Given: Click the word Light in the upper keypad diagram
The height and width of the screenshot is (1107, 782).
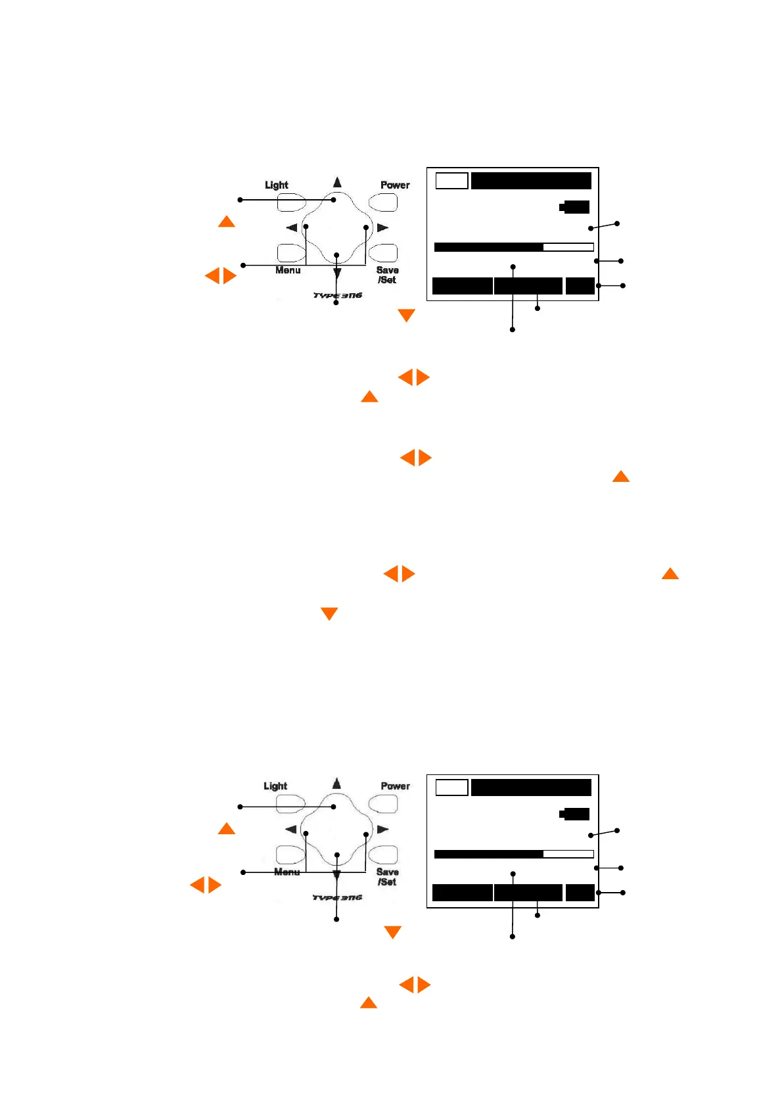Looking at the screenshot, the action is pyautogui.click(x=276, y=185).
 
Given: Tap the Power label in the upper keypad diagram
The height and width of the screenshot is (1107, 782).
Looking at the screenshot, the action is pyautogui.click(x=395, y=185).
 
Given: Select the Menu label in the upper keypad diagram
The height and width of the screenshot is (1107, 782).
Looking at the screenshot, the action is pyautogui.click(x=288, y=270).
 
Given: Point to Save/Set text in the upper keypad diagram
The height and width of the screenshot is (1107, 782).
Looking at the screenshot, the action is pyautogui.click(x=387, y=275).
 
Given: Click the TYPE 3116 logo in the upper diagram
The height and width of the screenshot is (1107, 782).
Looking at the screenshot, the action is pyautogui.click(x=337, y=296).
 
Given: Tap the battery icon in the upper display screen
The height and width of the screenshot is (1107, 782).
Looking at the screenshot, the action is pyautogui.click(x=575, y=207).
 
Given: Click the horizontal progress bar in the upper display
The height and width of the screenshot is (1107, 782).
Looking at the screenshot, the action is pyautogui.click(x=514, y=247).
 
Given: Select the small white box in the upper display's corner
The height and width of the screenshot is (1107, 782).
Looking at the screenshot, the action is pyautogui.click(x=452, y=181).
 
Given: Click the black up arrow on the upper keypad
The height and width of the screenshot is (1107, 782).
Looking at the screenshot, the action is pyautogui.click(x=337, y=182).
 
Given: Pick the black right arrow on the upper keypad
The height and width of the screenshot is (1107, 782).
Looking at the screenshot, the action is pyautogui.click(x=383, y=227).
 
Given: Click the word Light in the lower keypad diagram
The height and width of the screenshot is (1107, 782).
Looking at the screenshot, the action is pyautogui.click(x=275, y=786).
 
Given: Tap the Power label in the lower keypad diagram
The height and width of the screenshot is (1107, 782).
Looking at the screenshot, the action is pyautogui.click(x=395, y=786).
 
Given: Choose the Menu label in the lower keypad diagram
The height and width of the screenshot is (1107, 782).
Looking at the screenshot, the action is pyautogui.click(x=287, y=872).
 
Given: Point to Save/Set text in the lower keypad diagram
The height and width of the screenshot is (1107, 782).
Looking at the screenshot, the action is pyautogui.click(x=387, y=877).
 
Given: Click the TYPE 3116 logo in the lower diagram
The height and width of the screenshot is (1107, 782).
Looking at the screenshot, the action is pyautogui.click(x=337, y=897).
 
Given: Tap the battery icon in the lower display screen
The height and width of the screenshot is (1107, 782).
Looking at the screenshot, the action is pyautogui.click(x=575, y=814).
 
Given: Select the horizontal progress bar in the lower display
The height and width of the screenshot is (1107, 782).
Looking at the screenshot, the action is pyautogui.click(x=514, y=854).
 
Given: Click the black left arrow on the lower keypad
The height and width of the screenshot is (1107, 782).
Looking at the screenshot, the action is pyautogui.click(x=290, y=830).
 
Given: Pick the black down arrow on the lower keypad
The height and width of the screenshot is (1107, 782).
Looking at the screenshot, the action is pyautogui.click(x=336, y=875).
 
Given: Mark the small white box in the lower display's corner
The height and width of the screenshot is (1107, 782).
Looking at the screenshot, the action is pyautogui.click(x=452, y=788).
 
